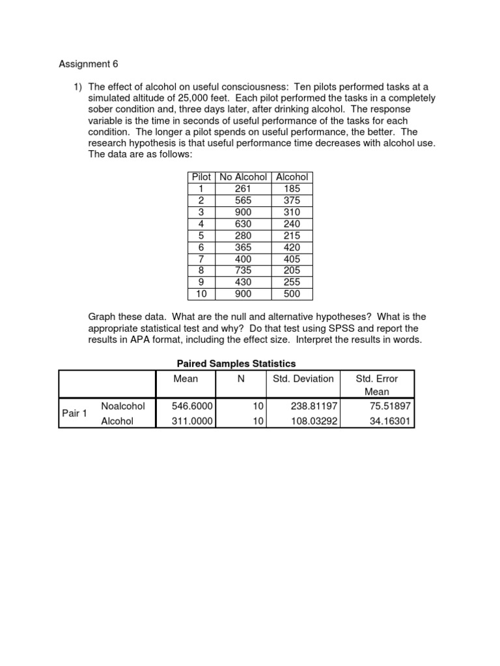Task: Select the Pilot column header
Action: (x=201, y=177)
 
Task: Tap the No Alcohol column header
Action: (x=243, y=177)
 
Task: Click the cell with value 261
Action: (x=243, y=189)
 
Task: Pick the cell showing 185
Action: (x=292, y=189)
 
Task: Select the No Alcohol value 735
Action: (x=243, y=271)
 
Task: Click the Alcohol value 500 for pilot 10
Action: (x=292, y=294)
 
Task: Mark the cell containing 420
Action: (x=292, y=247)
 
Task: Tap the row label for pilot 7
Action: (x=201, y=259)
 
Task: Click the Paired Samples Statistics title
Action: (x=236, y=364)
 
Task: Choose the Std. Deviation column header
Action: (x=303, y=379)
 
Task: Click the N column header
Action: (x=240, y=379)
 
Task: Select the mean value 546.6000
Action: (x=193, y=406)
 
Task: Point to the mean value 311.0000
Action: (x=193, y=421)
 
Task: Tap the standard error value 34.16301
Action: (x=389, y=421)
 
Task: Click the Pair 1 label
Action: (x=74, y=413)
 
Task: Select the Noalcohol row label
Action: (x=123, y=406)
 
